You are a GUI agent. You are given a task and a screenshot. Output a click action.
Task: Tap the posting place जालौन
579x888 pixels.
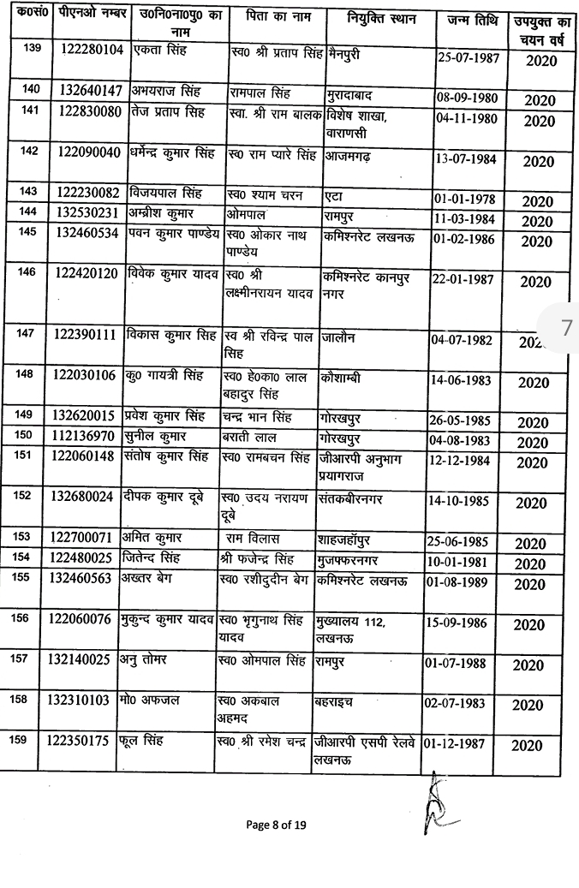341,339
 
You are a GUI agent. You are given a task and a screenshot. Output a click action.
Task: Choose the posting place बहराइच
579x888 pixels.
338,702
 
